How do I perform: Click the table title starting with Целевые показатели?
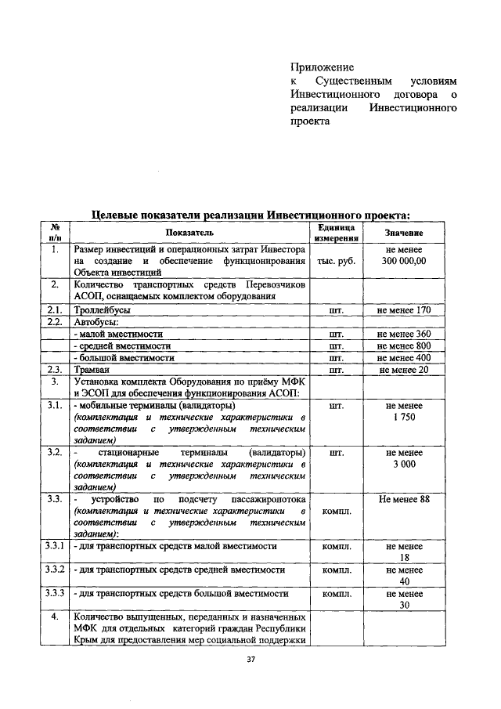pyautogui.click(x=250, y=214)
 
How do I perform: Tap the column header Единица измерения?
pyautogui.click(x=337, y=233)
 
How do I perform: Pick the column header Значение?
pyautogui.click(x=404, y=233)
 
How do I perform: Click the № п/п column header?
pyautogui.click(x=56, y=233)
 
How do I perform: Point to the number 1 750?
pyautogui.click(x=404, y=418)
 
